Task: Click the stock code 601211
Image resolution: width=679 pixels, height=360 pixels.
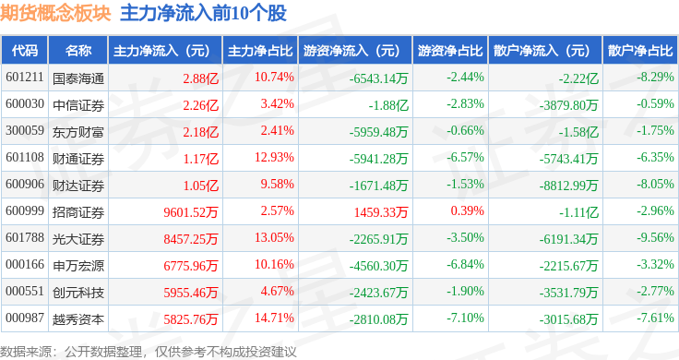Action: pos(25,78)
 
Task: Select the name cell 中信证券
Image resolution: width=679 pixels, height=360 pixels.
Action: pos(78,105)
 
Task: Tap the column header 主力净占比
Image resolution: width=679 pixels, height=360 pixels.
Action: pos(260,51)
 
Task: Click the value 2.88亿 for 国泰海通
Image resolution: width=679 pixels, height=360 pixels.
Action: pos(201,78)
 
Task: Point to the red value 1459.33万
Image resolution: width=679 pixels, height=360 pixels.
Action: pos(381,212)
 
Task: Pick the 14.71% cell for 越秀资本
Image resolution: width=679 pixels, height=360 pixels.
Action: pos(274,318)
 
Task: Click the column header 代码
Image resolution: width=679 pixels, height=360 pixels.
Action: pos(25,51)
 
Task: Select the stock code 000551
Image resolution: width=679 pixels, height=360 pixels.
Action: pos(25,291)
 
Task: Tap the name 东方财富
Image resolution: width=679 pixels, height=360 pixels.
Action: pos(78,132)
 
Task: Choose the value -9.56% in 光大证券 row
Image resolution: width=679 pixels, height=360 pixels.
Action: pos(655,238)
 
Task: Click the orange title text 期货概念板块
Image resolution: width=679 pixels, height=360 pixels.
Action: pos(55,14)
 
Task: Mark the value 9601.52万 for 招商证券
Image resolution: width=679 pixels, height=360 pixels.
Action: pos(191,212)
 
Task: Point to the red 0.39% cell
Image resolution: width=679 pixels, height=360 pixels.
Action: pos(467,211)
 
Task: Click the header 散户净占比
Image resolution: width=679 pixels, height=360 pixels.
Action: pos(640,51)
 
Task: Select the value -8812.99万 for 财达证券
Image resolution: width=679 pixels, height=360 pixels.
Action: pos(568,186)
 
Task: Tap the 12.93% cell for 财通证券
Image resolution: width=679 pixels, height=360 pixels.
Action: pos(274,157)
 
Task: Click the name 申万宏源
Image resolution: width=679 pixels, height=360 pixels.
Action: pos(78,266)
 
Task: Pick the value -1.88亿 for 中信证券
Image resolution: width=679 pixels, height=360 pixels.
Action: pos(388,105)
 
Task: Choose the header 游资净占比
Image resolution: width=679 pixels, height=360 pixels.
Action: pos(450,51)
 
